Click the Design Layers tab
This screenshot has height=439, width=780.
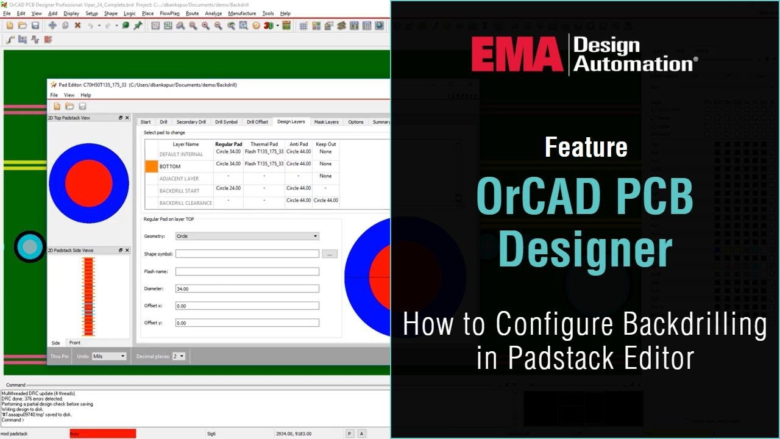[291, 122]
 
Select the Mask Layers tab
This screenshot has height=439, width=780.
[326, 122]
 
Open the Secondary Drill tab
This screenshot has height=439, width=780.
[191, 122]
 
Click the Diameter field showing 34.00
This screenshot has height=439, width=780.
[247, 289]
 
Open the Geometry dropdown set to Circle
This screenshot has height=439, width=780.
[247, 236]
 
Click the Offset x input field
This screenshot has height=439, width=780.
[247, 306]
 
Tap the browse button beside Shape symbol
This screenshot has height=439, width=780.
[330, 254]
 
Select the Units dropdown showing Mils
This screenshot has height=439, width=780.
[109, 356]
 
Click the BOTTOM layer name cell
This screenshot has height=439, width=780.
[170, 166]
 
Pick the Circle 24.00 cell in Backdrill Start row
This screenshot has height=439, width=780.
[229, 188]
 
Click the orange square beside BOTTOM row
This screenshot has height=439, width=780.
[151, 166]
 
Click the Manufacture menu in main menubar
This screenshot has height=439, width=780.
[242, 13]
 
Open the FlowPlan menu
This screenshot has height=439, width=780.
[169, 13]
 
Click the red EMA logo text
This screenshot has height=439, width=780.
[517, 54]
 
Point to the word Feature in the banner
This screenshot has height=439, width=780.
[586, 147]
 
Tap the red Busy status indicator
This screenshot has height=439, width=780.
[102, 434]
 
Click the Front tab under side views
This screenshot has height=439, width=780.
[74, 343]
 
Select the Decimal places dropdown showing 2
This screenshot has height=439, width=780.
[179, 356]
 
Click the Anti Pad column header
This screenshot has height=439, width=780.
[299, 145]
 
